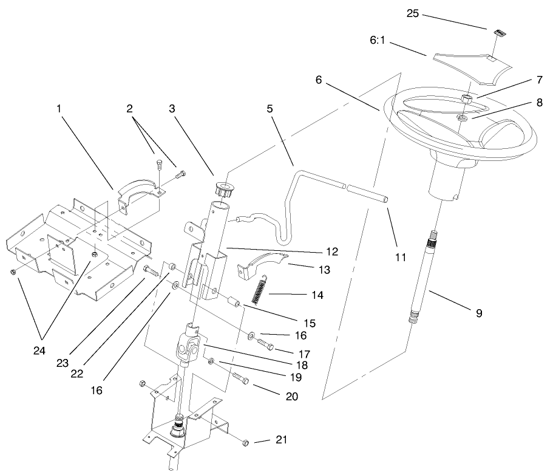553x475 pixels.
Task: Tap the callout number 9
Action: pos(479,313)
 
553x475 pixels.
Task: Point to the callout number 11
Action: pos(399,257)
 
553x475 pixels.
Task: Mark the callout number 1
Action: pos(59,109)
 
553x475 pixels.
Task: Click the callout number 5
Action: pos(269,109)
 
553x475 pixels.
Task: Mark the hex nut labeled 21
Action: pos(245,442)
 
